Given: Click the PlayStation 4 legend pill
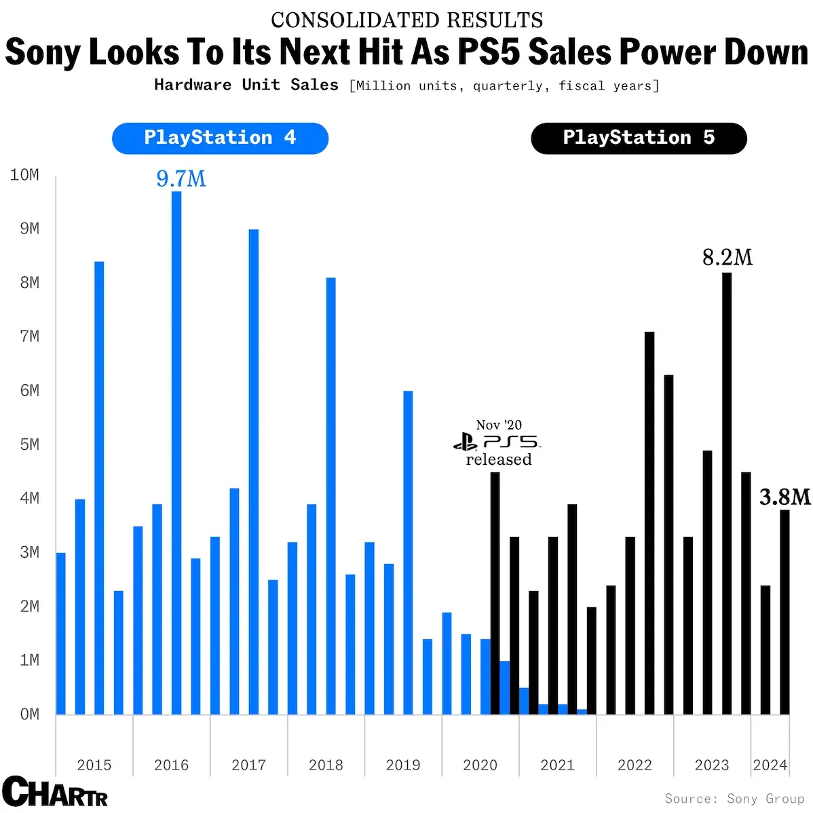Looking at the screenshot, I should pyautogui.click(x=220, y=138).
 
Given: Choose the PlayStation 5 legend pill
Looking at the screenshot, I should pyautogui.click(x=639, y=138).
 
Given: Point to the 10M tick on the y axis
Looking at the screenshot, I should pyautogui.click(x=24, y=175).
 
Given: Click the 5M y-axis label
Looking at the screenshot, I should pyautogui.click(x=29, y=445).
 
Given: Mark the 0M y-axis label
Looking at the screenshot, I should pyautogui.click(x=29, y=714).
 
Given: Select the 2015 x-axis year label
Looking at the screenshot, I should pyautogui.click(x=94, y=765).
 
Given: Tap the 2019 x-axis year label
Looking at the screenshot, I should pyautogui.click(x=403, y=765).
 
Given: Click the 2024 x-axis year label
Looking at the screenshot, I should pyautogui.click(x=770, y=765).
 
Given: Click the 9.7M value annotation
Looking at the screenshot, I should pyautogui.click(x=181, y=178).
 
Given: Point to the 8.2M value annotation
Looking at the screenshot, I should pyautogui.click(x=727, y=258).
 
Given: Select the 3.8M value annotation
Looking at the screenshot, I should pyautogui.click(x=784, y=497).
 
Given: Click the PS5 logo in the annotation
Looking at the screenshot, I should pyautogui.click(x=497, y=442).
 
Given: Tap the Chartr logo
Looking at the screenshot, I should pyautogui.click(x=55, y=791).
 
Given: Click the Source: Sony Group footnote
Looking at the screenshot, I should pyautogui.click(x=734, y=798).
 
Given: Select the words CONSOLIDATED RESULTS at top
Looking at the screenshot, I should pyautogui.click(x=406, y=20).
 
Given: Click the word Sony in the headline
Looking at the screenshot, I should pyautogui.click(x=42, y=52).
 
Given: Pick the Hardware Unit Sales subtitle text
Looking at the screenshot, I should pyautogui.click(x=246, y=85).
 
